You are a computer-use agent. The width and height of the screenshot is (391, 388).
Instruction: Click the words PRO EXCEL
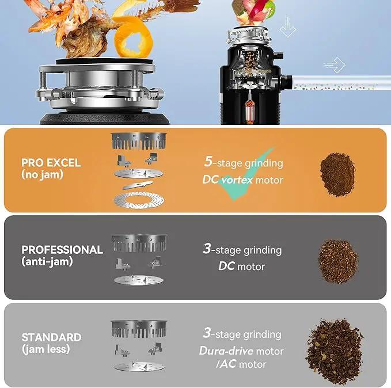pyautogui.click(x=51, y=163)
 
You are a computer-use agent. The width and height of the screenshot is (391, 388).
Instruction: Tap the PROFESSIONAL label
pyautogui.click(x=62, y=250)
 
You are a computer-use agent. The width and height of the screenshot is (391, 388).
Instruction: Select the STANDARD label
pyautogui.click(x=52, y=337)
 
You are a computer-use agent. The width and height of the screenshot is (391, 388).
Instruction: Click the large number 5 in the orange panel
pyautogui.click(x=208, y=161)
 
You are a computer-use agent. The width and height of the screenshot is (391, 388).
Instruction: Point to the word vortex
pyautogui.click(x=237, y=180)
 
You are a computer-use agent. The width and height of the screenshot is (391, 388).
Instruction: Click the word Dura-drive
pyautogui.click(x=226, y=351)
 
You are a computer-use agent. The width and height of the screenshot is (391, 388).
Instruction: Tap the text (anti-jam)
pyautogui.click(x=47, y=261)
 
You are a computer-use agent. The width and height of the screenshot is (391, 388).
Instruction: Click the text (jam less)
pyautogui.click(x=45, y=349)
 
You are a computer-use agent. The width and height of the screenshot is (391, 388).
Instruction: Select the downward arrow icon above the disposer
pyautogui.click(x=288, y=26)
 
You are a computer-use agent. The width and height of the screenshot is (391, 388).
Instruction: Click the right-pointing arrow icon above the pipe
pyautogui.click(x=335, y=65)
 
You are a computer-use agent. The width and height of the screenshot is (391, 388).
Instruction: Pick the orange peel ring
pyautogui.click(x=133, y=37)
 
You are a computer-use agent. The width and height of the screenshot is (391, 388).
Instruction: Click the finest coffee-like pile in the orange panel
pyautogui.click(x=337, y=174)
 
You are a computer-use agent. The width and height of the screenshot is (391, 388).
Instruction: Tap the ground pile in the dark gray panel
pyautogui.click(x=338, y=261)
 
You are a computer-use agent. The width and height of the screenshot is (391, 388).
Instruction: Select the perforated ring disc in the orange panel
pyautogui.click(x=139, y=200)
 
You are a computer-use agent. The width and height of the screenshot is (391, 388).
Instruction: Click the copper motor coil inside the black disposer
pyautogui.click(x=250, y=110)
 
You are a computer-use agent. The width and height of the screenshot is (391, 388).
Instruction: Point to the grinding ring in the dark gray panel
pyautogui.click(x=139, y=242)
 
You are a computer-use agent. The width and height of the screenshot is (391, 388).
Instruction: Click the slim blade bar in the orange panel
pyautogui.click(x=138, y=185)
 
